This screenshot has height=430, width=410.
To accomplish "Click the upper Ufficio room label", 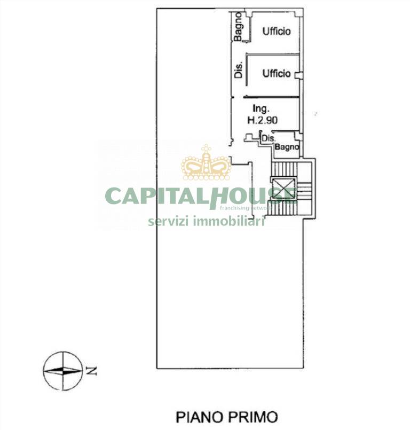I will point(276,32).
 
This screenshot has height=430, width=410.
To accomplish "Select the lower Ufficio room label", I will point(276,74).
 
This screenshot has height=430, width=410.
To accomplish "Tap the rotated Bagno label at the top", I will point(238,26).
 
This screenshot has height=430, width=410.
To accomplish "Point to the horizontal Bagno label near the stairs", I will point(287,148).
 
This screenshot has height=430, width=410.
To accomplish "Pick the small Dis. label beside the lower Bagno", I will point(267,138).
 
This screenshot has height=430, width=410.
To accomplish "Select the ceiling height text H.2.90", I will point(262,121).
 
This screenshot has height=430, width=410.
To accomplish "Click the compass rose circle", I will point(62,370).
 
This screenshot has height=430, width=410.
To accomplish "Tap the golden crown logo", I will point(206,163).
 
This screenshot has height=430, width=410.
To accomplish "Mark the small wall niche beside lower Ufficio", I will point(299,74).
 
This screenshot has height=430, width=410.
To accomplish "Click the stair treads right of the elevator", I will point(304,192).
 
